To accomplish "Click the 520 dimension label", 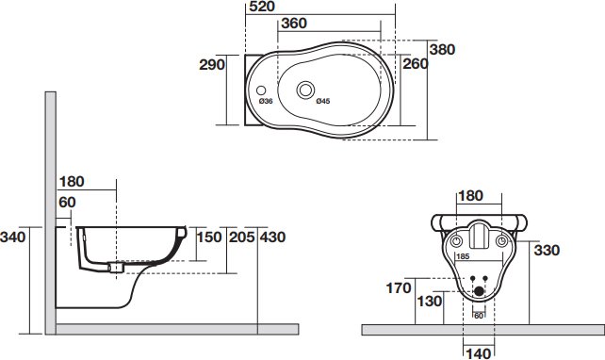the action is click(x=262, y=7).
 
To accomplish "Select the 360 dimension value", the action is click(x=294, y=24).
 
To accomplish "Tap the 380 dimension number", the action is click(x=442, y=49).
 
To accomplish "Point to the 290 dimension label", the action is click(x=212, y=64).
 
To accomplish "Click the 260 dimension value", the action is click(x=416, y=64).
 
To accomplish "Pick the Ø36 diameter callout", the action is click(x=266, y=101).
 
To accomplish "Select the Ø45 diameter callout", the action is click(x=323, y=101).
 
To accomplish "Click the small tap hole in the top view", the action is click(x=261, y=90).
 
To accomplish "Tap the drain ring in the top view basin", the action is click(x=305, y=90).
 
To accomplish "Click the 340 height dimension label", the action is click(x=13, y=237).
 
